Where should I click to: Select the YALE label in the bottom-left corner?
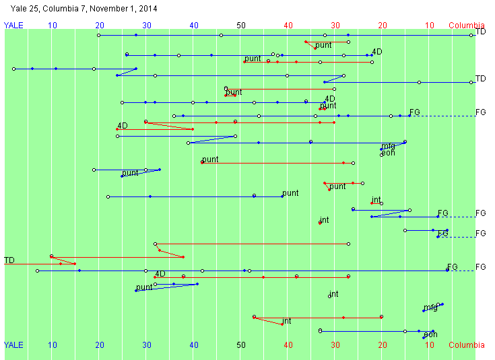pyautogui.click(x=13, y=345)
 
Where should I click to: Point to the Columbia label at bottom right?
pyautogui.click(x=467, y=345)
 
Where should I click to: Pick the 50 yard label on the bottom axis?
pyautogui.click(x=241, y=345)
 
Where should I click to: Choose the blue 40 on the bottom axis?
pyautogui.click(x=194, y=345)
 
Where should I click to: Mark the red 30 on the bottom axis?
pyautogui.click(x=335, y=345)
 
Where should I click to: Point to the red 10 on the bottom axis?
pyautogui.click(x=430, y=345)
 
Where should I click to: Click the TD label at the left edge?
pyautogui.click(x=9, y=260)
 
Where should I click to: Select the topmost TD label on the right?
pyautogui.click(x=481, y=32)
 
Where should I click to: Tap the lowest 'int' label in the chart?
pyautogui.click(x=286, y=321)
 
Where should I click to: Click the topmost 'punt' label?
pyautogui.click(x=323, y=45)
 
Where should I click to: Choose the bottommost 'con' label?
pyautogui.click(x=430, y=334)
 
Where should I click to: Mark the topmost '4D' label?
pyautogui.click(x=377, y=52)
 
